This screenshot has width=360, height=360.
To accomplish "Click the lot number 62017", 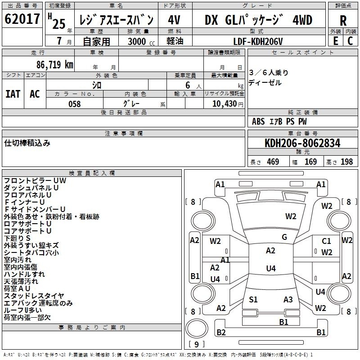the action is (22, 19).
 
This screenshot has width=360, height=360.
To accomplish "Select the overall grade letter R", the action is (343, 21).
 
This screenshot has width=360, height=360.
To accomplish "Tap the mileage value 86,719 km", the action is (54, 65).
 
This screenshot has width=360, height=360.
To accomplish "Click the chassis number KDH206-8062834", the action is (302, 143).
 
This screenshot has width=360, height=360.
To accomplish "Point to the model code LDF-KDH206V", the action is (258, 41).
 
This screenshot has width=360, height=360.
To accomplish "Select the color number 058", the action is (74, 104).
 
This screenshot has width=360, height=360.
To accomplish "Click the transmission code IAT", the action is (13, 94).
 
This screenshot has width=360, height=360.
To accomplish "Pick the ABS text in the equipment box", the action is (258, 121).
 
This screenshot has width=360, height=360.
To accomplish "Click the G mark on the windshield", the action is (284, 237).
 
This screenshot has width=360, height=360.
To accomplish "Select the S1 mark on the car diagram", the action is (253, 300).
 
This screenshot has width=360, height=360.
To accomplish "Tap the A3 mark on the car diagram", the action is (288, 300).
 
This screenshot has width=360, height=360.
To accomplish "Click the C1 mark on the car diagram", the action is (326, 241).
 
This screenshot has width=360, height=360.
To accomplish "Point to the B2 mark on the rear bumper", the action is (221, 332).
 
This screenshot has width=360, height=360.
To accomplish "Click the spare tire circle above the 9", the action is (197, 328).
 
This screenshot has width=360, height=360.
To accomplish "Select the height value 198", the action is (346, 162).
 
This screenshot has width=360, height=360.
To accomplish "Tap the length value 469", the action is (273, 162).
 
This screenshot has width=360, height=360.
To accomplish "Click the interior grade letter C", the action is (350, 41).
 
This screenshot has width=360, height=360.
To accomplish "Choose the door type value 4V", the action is (174, 20).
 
